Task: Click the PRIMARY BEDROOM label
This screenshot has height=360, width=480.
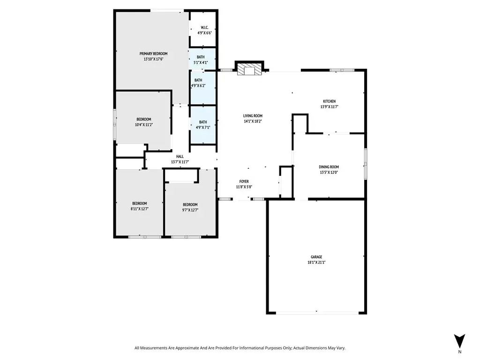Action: (153, 53)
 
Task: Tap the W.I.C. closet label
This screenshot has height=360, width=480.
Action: (204, 28)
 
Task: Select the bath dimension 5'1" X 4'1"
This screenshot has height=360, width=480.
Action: (201, 62)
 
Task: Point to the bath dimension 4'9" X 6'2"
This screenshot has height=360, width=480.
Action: (198, 86)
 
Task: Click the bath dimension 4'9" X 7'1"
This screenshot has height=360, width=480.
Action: (203, 127)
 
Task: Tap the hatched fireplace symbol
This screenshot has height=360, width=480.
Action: (249, 69)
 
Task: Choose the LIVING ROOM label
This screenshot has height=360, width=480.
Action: (253, 116)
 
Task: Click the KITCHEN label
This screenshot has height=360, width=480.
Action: (330, 101)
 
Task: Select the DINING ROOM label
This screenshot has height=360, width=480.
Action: (329, 167)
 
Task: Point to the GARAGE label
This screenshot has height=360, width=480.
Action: (316, 257)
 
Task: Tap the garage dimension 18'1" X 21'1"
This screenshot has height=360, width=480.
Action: (316, 262)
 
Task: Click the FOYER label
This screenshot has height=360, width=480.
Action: (244, 181)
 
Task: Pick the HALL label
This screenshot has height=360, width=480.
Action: (180, 157)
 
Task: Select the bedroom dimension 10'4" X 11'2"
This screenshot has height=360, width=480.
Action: (144, 125)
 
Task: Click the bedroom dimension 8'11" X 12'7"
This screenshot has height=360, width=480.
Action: (140, 209)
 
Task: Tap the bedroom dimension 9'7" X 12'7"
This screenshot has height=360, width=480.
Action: (190, 210)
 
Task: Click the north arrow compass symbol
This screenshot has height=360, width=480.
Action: (459, 341)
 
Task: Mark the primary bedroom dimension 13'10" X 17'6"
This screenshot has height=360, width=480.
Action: (153, 59)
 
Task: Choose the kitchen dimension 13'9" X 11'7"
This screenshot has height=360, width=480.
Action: (330, 107)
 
